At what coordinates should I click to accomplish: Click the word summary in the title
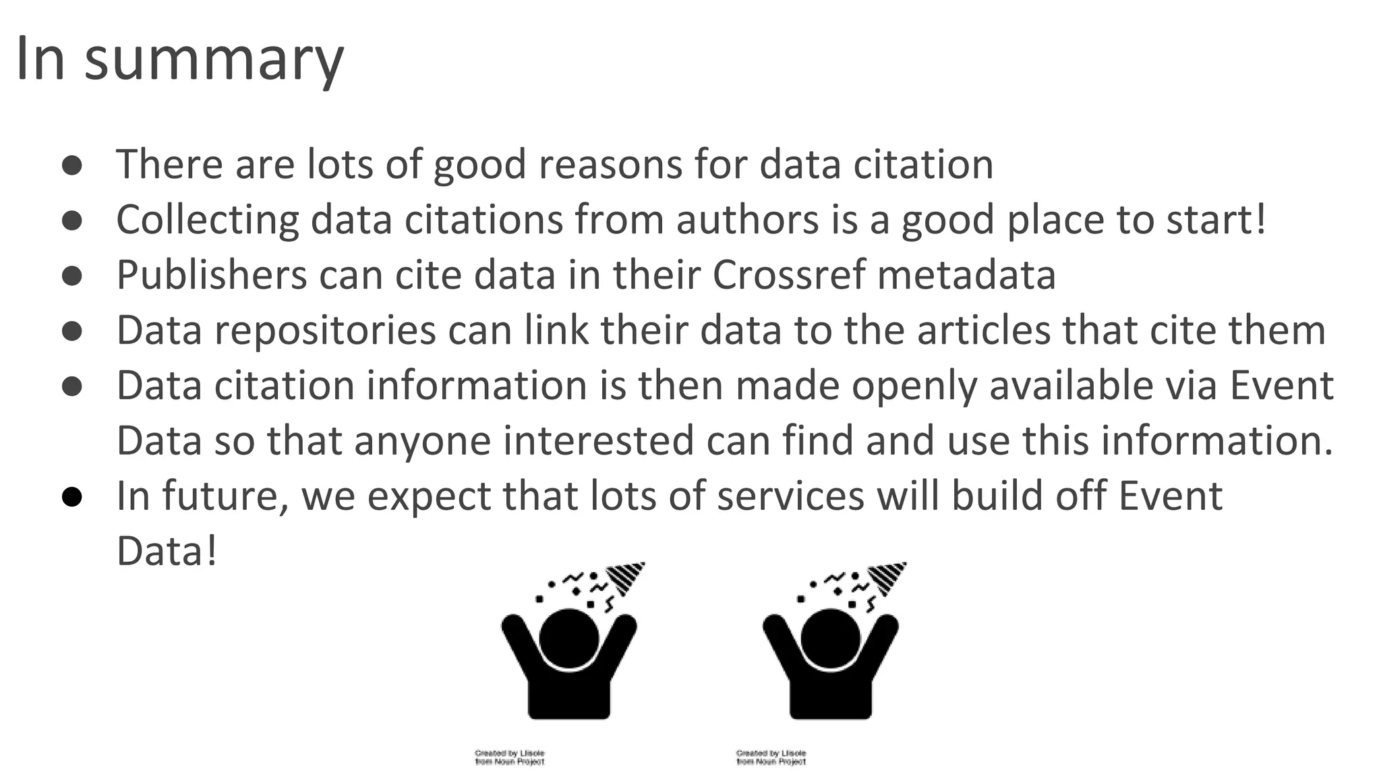click(214, 59)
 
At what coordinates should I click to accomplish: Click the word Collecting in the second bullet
click(207, 220)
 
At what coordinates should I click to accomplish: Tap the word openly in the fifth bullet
click(914, 386)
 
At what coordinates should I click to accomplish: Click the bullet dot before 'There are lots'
click(72, 165)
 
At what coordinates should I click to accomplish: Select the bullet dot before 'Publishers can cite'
click(72, 276)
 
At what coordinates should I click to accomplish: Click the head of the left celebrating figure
click(569, 639)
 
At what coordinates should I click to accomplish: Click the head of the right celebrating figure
click(831, 639)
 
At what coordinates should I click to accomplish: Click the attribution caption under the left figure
click(510, 757)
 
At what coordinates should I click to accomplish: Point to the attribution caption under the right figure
click(771, 757)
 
